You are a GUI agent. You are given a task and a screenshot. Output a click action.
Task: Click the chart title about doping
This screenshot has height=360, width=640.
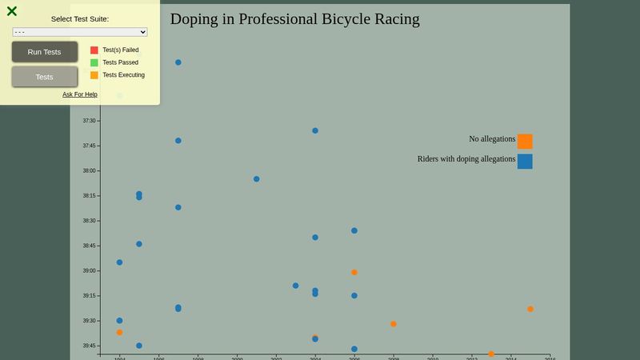tap(294, 19)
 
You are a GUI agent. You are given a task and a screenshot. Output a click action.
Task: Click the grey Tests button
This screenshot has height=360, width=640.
tap(45, 77)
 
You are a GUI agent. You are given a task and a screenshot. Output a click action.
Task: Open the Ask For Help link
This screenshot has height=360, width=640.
tap(80, 94)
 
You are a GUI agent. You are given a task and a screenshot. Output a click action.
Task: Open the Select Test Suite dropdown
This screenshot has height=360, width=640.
tap(80, 32)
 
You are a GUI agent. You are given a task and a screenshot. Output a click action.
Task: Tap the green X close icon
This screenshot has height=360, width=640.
tap(12, 11)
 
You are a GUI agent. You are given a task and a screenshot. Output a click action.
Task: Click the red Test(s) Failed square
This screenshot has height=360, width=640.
tap(94, 50)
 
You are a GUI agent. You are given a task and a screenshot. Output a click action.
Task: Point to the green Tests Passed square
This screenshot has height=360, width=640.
tap(94, 62)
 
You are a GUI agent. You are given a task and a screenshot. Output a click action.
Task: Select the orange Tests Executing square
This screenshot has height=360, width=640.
tap(94, 75)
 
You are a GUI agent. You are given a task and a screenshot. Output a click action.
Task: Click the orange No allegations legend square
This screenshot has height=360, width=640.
tap(525, 142)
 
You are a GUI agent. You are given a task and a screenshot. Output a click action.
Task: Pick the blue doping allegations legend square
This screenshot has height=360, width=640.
tap(525, 162)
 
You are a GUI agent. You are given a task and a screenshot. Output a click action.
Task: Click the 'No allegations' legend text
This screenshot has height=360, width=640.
tap(492, 139)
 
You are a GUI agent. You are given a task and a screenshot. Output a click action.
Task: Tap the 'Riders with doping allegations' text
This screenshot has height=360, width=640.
tap(466, 159)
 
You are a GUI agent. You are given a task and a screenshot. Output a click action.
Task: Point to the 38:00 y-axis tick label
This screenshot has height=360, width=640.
tap(89, 170)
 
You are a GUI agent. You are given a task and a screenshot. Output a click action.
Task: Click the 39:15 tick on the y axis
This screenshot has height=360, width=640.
tap(89, 296)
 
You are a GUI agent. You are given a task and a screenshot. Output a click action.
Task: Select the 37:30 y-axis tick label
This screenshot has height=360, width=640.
tap(89, 121)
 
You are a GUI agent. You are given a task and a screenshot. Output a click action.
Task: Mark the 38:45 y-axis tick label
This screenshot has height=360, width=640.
tap(89, 246)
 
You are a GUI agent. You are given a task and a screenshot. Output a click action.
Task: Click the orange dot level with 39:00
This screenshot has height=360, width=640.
tap(354, 273)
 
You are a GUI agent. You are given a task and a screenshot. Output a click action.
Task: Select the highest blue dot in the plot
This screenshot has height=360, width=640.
tap(178, 62)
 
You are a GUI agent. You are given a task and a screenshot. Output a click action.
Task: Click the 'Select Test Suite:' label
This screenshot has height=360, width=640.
tap(80, 18)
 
